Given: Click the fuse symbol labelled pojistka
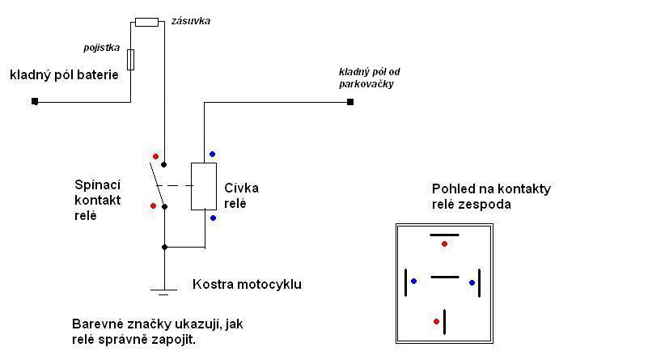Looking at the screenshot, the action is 130,60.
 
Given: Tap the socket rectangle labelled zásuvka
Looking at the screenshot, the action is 146,22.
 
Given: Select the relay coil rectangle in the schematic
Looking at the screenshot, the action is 204,186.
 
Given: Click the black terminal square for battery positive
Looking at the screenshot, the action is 35,101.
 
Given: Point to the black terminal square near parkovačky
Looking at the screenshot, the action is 350,102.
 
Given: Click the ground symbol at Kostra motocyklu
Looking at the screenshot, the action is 163,292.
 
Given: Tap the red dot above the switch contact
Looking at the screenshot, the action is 155,156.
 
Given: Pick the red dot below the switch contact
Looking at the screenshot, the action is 154,205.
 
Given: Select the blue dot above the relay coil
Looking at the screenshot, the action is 213,155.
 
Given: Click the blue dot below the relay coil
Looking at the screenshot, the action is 214,218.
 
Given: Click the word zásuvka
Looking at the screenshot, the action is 190,21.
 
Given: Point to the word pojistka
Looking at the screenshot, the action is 102,48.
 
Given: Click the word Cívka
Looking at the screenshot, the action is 241,188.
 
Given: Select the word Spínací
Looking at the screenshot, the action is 98,185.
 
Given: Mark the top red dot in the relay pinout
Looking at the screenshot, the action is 444,244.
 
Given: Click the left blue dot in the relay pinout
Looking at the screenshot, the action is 413,281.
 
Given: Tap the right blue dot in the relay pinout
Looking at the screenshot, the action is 472,282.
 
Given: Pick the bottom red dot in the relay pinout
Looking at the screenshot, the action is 436,321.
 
